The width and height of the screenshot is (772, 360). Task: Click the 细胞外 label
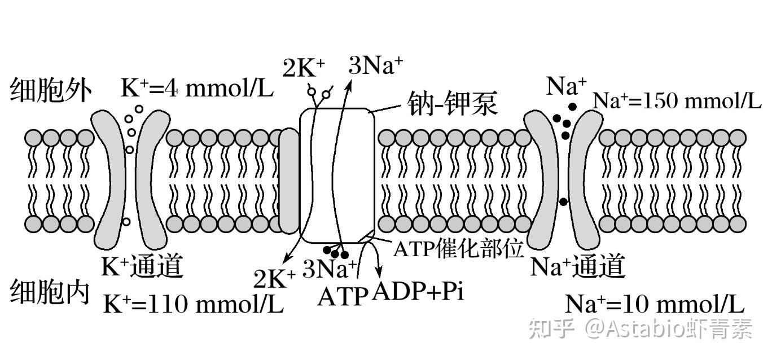[51, 91]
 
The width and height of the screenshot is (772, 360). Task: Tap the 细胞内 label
[50, 292]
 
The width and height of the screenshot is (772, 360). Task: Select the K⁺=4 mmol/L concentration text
[197, 88]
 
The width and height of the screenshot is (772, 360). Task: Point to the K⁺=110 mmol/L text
[194, 303]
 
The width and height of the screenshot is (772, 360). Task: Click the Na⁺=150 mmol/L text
[677, 101]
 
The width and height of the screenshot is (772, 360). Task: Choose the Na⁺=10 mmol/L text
[655, 304]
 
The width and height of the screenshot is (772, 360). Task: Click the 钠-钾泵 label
[452, 103]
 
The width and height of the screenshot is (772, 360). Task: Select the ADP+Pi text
[418, 292]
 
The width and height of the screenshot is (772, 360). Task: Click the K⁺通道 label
[142, 266]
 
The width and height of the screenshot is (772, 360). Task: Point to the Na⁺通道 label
[578, 266]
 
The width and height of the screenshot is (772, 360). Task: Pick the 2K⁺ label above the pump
[304, 68]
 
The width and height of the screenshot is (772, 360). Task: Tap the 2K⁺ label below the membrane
[275, 278]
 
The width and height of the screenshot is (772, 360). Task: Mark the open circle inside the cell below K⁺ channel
[126, 222]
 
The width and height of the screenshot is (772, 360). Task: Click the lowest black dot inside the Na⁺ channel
[564, 202]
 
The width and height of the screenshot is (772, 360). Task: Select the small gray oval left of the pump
[289, 181]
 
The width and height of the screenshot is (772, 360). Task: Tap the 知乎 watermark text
[551, 328]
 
